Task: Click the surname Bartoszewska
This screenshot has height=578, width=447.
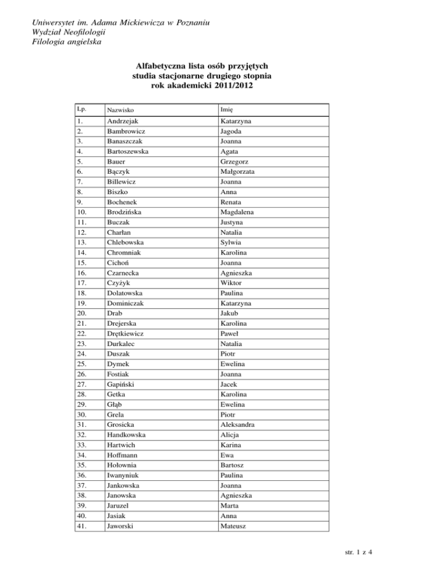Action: pyautogui.click(x=127, y=151)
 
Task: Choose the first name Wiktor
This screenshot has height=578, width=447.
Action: pyautogui.click(x=232, y=283)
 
